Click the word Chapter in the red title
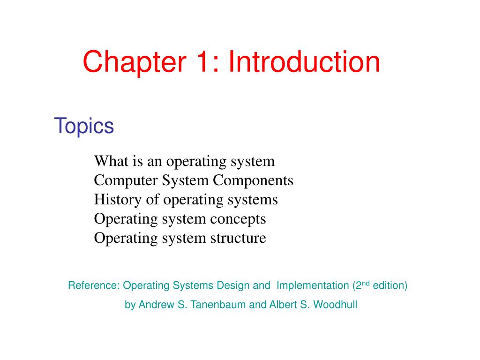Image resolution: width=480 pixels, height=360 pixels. [135, 62]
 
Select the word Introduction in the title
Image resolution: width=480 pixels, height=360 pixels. [304, 61]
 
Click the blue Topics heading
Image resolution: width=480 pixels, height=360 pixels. [84, 126]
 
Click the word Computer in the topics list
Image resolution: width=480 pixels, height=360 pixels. [126, 180]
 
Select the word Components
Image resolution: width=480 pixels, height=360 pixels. [253, 180]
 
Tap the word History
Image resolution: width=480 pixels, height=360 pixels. [118, 200]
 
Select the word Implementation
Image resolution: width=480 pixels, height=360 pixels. [313, 286]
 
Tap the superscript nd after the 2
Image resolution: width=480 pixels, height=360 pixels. [366, 283]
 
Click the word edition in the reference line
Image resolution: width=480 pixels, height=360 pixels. [389, 285]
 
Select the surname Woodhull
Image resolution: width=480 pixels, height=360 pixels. [335, 305]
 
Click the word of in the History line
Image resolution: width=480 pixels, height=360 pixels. [152, 200]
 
